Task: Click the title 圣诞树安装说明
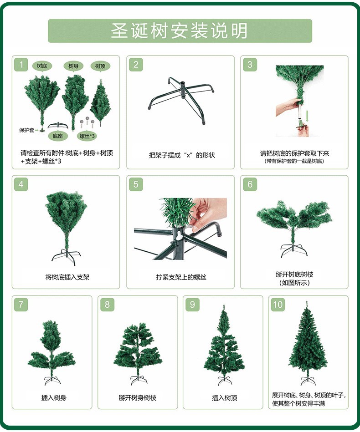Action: pyautogui.click(x=180, y=31)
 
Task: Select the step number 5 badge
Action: pyautogui.click(x=135, y=184)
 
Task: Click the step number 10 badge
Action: pyautogui.click(x=278, y=305)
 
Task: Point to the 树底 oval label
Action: pyautogui.click(x=42, y=66)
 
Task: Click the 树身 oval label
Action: pyautogui.click(x=73, y=66)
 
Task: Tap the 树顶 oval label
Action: pyautogui.click(x=100, y=66)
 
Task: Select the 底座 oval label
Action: pyautogui.click(x=57, y=136)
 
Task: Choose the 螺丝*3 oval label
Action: pyautogui.click(x=87, y=136)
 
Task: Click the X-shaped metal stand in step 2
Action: pyautogui.click(x=177, y=100)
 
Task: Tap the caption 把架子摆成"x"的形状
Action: pyautogui.click(x=181, y=155)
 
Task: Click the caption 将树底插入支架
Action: pyautogui.click(x=67, y=277)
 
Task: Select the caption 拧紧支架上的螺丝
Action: pyautogui.click(x=181, y=277)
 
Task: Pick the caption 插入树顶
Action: pyautogui.click(x=224, y=397)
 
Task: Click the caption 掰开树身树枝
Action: pyautogui.click(x=138, y=397)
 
